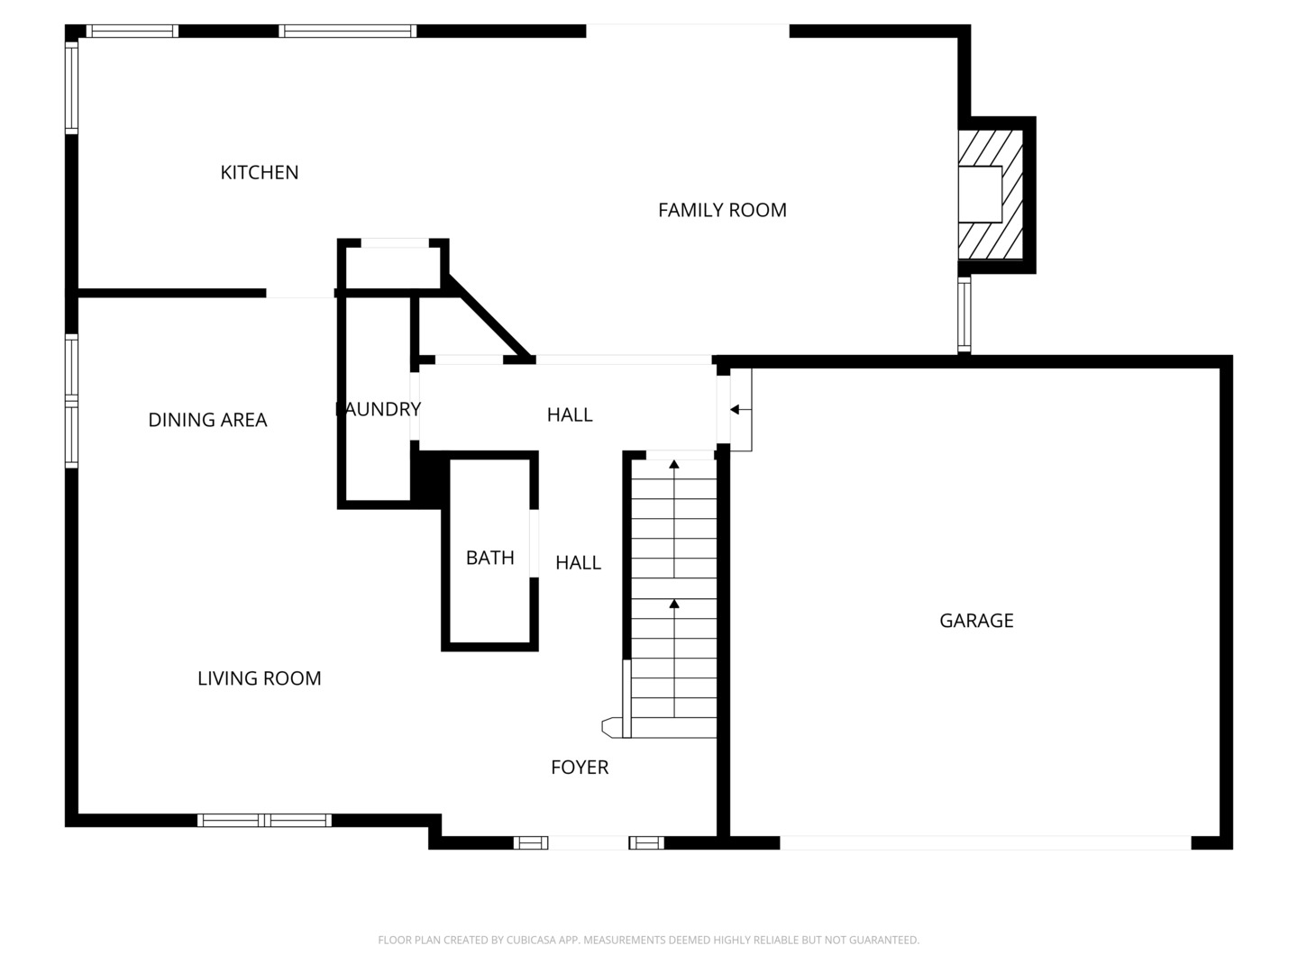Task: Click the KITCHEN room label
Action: point(260,172)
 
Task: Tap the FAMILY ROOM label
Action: point(722,210)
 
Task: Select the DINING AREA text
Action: point(207,420)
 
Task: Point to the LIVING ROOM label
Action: point(260,678)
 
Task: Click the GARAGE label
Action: point(976,621)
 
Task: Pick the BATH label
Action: point(490,558)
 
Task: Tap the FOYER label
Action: point(580,768)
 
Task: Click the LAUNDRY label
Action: point(378,409)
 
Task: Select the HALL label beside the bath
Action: point(578,563)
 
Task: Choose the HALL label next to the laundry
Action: point(570,414)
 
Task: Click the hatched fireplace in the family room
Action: point(990,195)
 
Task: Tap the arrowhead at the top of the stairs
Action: point(673,464)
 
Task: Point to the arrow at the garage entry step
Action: point(736,410)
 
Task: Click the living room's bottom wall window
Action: point(264,820)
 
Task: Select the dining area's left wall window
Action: point(71,401)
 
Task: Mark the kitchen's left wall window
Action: point(71,87)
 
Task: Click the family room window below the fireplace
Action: point(964,314)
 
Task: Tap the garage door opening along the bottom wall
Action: point(984,842)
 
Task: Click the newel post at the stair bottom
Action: point(611,725)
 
